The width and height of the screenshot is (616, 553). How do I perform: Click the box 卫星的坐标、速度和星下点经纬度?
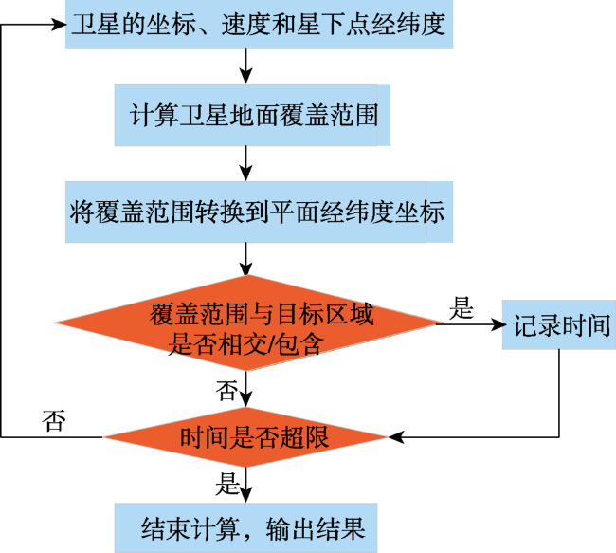pos(259,25)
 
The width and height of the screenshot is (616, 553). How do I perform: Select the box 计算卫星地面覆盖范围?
pos(252,115)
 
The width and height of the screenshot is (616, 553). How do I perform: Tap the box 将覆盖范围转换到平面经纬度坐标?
pos(259,212)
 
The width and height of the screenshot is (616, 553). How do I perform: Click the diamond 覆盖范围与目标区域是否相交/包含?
pos(246,323)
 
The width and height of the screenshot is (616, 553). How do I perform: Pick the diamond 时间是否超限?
pos(246,437)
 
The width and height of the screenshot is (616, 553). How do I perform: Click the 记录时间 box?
pos(558,325)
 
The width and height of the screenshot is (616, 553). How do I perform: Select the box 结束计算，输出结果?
pos(246,527)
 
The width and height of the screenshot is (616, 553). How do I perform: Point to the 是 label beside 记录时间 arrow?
pos(462,307)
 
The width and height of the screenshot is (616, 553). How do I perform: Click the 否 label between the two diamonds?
pos(226,391)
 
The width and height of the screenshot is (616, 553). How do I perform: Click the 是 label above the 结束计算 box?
pos(227,484)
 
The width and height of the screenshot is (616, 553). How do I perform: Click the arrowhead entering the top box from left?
pos(59,25)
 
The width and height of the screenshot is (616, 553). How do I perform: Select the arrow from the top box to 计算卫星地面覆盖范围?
pos(246,66)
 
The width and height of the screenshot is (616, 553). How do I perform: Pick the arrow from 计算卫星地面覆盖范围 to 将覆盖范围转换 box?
pos(246,163)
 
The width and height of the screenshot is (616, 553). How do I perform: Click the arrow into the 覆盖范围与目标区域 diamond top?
pos(246,259)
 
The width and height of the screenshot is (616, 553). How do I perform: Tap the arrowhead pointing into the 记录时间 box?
pos(498,324)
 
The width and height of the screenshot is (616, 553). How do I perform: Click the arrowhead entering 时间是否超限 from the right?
pos(396,437)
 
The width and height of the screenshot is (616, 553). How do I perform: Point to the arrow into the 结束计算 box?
pos(246,485)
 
